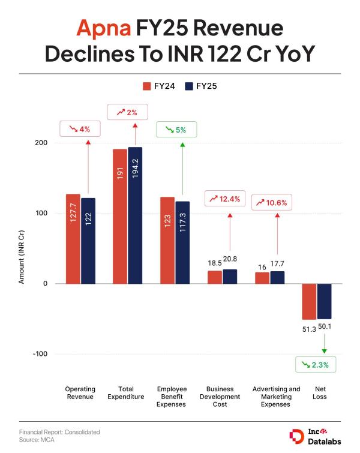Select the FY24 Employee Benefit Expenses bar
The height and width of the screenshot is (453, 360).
tap(167, 240)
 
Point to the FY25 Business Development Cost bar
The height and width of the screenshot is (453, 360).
tap(230, 276)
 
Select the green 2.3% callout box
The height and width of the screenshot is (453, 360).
tap(316, 364)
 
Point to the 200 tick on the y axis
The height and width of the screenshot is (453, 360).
tap(41, 143)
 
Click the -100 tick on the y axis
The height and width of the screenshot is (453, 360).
tap(40, 354)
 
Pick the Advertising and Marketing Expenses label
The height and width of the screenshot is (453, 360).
tap(276, 397)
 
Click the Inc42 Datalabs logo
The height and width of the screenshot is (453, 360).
tap(315, 436)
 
